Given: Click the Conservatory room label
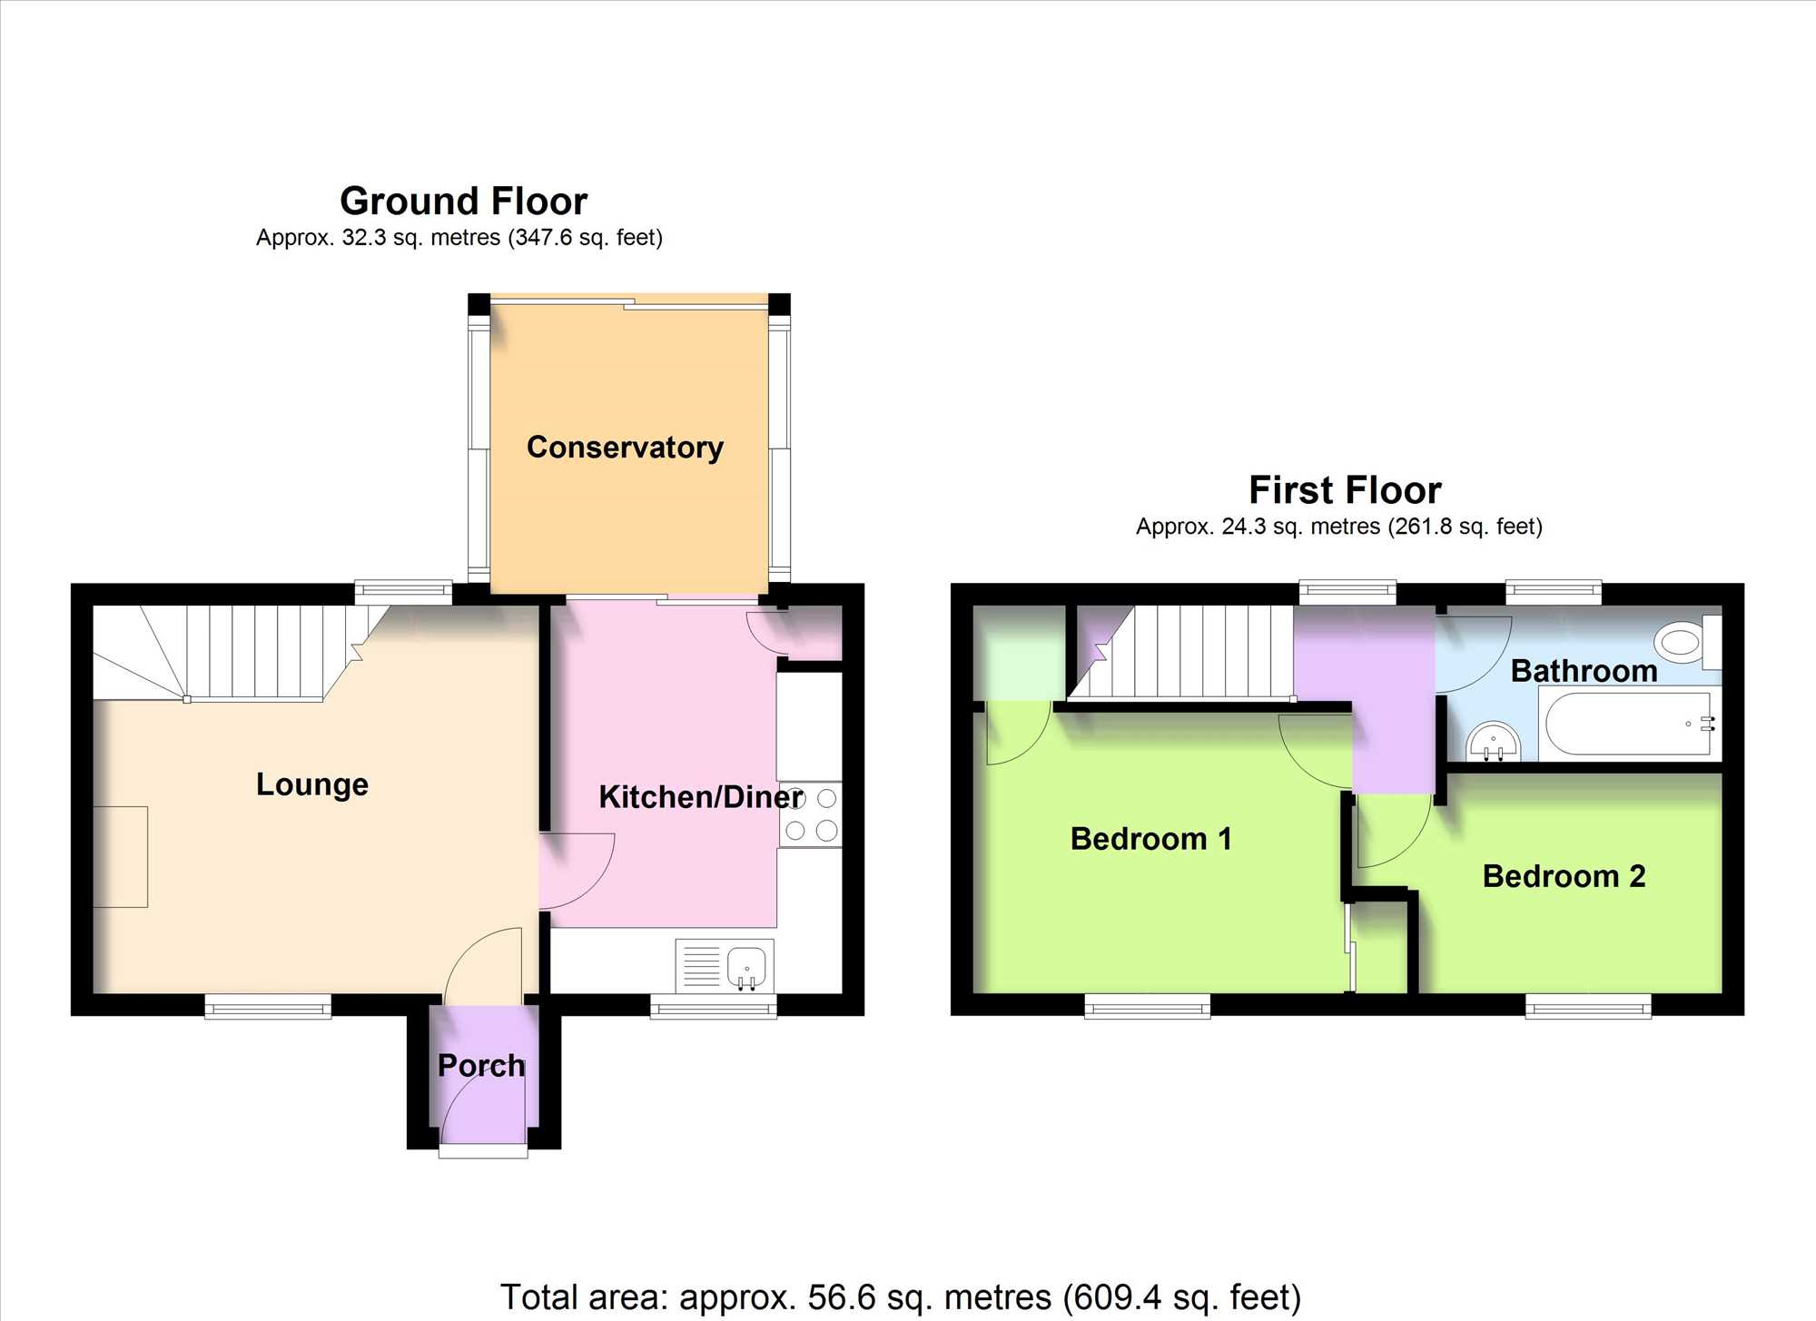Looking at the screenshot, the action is tap(625, 448).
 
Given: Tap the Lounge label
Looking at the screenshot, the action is tap(312, 784).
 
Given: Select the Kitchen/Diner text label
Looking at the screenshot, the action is tap(701, 797).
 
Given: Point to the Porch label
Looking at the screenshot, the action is tap(481, 1065).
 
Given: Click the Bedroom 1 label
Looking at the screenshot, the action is tap(1151, 839).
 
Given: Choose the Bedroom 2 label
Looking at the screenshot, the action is tap(1564, 876).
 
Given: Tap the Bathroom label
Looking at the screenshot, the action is tap(1584, 671).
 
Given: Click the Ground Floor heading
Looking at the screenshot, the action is tap(463, 201).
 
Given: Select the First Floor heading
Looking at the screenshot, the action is tap(1345, 490).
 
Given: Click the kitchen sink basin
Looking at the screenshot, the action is tap(747, 966).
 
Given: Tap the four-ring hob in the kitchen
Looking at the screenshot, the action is tap(811, 814).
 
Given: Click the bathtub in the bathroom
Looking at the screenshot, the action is tap(1631, 724).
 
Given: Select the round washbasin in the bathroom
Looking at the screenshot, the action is tap(1493, 741).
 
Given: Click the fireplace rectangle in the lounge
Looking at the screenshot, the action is tap(120, 856).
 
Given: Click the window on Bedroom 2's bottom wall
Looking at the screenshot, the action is tap(1588, 1006).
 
